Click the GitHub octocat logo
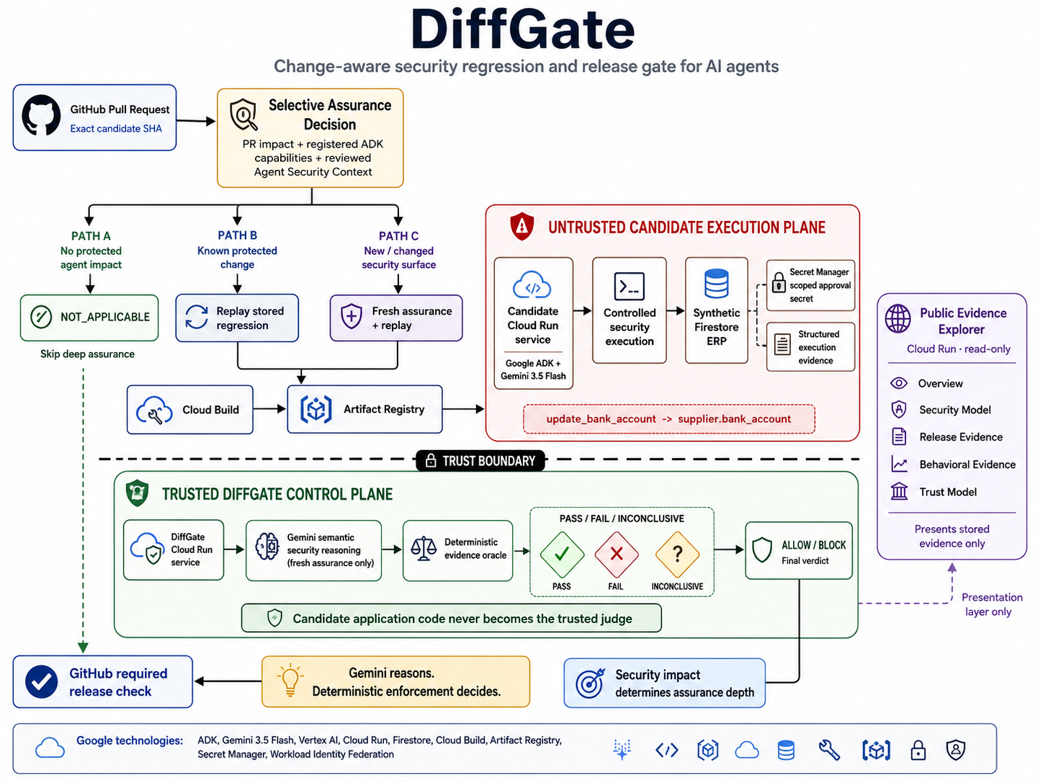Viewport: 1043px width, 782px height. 41,115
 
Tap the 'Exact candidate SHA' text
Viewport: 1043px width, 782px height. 116,129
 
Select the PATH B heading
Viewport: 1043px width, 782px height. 237,235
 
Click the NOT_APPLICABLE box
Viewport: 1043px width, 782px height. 89,317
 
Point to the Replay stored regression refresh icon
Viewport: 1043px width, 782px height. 196,317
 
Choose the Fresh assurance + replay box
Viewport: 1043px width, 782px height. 396,318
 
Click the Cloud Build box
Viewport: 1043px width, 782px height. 189,409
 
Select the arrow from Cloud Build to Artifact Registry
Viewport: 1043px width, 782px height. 269,409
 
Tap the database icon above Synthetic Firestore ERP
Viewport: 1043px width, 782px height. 716,284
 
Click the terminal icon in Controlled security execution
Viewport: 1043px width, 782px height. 629,287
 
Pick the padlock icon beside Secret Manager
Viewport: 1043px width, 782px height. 779,282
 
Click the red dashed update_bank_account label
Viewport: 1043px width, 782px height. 669,419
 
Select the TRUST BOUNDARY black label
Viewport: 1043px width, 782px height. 480,461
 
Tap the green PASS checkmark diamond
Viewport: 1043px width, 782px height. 562,554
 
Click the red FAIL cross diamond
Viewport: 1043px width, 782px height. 617,554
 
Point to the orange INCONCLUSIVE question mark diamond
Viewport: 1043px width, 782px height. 677,554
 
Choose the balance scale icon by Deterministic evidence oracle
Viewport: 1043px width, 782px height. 424,549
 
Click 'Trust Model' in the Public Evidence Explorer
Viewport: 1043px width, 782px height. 948,492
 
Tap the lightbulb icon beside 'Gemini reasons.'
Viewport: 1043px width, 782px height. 290,680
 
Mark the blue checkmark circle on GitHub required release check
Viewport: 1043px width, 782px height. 41,682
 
